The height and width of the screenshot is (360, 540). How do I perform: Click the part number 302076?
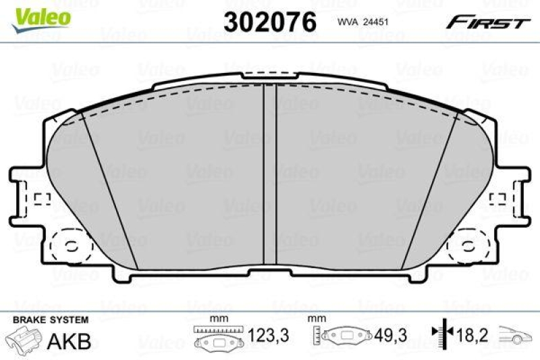(270, 22)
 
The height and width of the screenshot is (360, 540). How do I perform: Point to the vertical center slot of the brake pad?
(269, 176)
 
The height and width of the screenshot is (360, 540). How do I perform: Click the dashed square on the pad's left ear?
(42, 199)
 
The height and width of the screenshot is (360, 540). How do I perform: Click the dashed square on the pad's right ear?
(498, 199)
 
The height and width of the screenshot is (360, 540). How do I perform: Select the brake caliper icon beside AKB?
(25, 338)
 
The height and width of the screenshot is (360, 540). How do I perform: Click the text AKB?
(69, 340)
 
